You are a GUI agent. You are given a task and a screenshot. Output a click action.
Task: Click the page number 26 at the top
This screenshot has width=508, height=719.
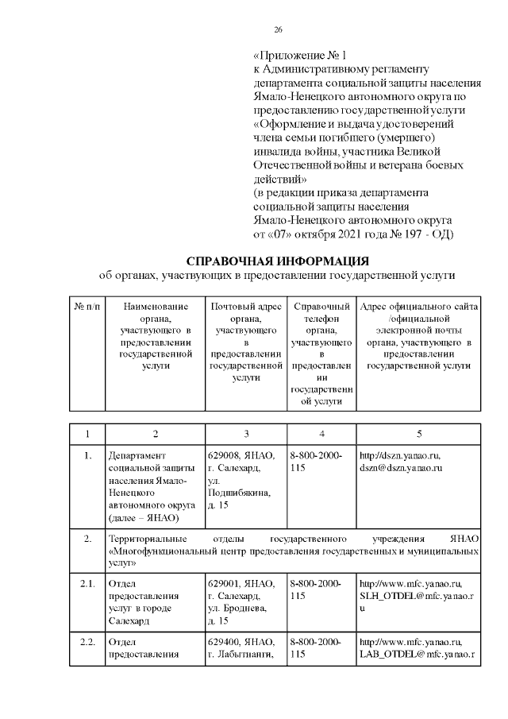pyautogui.click(x=278, y=29)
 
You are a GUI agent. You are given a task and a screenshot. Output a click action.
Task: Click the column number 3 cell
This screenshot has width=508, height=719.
pyautogui.click(x=246, y=434)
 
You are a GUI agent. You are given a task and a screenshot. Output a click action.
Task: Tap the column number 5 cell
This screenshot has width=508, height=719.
pyautogui.click(x=418, y=434)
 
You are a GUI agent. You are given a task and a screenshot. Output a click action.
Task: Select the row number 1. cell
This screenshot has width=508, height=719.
pyautogui.click(x=88, y=456)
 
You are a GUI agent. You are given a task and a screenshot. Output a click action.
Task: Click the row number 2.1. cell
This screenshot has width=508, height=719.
pyautogui.click(x=88, y=584)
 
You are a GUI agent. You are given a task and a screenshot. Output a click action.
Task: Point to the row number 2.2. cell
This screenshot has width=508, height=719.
pyautogui.click(x=88, y=641)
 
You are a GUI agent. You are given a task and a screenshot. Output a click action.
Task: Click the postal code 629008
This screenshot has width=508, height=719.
pyautogui.click(x=223, y=456)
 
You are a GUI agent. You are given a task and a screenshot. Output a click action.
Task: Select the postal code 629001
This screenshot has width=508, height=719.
pyautogui.click(x=223, y=584)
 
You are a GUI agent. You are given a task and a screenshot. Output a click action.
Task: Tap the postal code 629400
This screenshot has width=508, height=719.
pyautogui.click(x=223, y=641)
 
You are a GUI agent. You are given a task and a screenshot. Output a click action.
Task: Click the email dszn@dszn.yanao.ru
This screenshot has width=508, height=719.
pyautogui.click(x=400, y=469)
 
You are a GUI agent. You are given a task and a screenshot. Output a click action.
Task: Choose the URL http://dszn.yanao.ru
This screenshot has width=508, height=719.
pyautogui.click(x=399, y=456)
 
